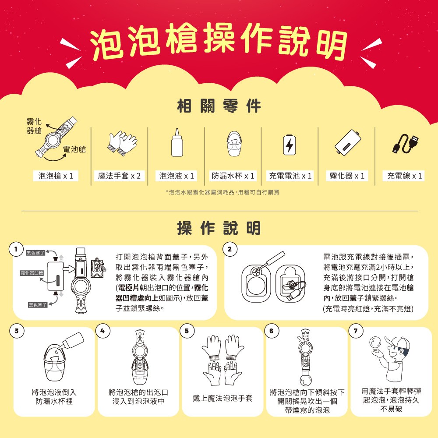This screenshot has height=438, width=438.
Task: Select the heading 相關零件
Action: coord(219,106)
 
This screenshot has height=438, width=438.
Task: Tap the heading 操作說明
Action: coord(219,228)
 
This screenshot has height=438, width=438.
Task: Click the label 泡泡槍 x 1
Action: coord(56,176)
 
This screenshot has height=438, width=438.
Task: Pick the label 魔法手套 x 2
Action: coord(119,176)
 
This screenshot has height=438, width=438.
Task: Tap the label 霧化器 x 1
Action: coord(347,176)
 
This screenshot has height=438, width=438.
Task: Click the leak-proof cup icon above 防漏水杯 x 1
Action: coord(233,144)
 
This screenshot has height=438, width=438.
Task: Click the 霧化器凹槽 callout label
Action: coord(32,273)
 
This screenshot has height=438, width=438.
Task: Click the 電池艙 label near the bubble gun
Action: coord(74,149)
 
